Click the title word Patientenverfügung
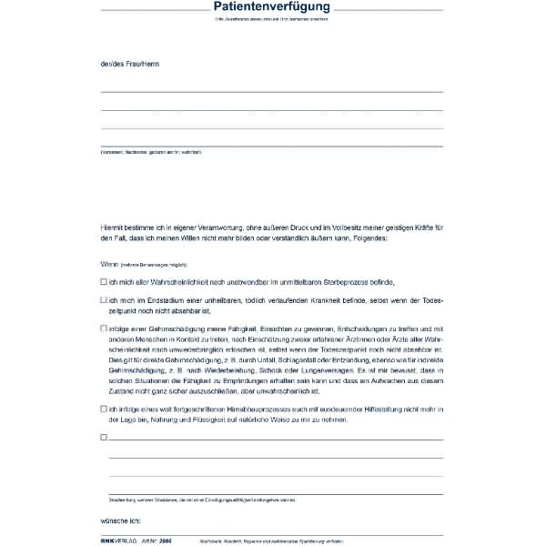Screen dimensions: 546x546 [272, 8]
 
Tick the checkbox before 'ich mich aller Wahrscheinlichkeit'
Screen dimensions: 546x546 [104, 282]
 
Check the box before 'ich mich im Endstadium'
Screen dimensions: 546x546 [104, 299]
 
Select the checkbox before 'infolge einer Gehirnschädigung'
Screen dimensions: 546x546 [104, 329]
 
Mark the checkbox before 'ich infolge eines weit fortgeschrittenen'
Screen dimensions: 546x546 [104, 409]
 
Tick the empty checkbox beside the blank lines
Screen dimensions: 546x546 [104, 438]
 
